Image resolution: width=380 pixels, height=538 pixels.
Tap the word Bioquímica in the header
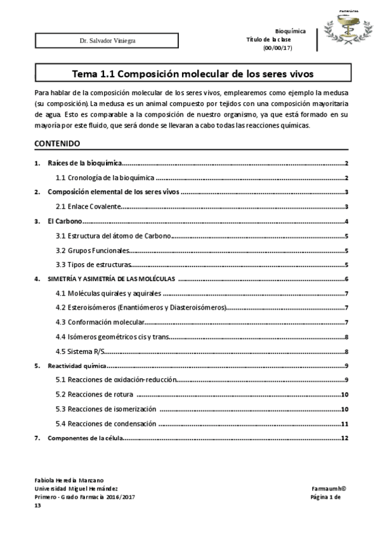point(291,31)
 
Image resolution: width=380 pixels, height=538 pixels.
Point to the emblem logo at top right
point(346,29)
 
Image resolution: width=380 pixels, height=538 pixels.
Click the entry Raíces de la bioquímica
point(85,164)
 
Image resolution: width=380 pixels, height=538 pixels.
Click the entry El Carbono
point(66,221)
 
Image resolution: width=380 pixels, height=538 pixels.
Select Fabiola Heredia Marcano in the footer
point(69,481)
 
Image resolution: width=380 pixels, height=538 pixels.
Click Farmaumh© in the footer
point(328,489)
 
